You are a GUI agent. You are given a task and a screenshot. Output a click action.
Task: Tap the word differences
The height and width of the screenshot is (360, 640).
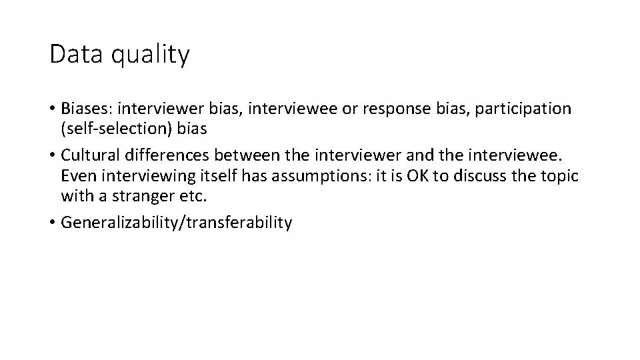(x=160, y=156)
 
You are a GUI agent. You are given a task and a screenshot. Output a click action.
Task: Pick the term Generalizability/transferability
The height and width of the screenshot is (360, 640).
(x=176, y=223)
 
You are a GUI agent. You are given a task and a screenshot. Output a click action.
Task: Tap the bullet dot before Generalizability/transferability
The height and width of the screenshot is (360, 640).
(x=52, y=223)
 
